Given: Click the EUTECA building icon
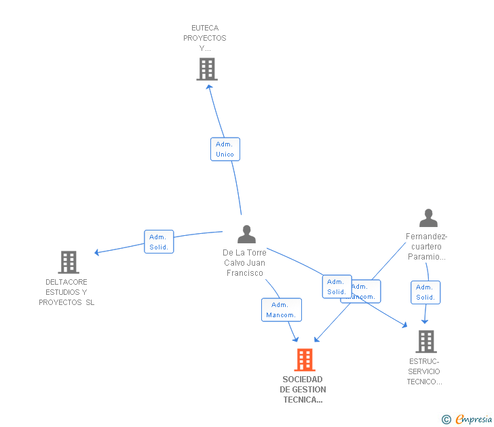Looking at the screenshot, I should [x=207, y=69].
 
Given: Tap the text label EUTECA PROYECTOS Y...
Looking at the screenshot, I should [x=205, y=38].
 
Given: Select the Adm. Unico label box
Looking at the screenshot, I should [x=225, y=149].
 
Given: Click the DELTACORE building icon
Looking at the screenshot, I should [x=69, y=262].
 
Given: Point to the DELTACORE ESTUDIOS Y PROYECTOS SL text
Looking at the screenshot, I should [x=66, y=292].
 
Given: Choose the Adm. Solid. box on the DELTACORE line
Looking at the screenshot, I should [x=159, y=242].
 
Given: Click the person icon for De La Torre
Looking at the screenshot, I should [x=246, y=235].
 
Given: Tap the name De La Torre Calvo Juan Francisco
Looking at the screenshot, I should [x=244, y=262].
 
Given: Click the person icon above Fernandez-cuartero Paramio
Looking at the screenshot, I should [x=428, y=218].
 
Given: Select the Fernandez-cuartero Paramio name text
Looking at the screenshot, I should [x=427, y=247].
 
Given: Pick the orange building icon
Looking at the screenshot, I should [x=305, y=360].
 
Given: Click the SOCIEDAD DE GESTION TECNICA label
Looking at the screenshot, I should [x=303, y=390].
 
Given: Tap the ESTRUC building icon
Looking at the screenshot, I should [x=425, y=342].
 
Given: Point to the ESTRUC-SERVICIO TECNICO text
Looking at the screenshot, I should [x=425, y=371].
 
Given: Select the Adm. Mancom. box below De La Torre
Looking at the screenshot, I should [x=281, y=310].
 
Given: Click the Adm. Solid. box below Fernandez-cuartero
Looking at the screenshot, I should [x=425, y=292].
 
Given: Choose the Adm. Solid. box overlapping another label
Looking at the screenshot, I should [x=337, y=287].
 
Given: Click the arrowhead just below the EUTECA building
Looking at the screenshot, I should [x=208, y=85].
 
